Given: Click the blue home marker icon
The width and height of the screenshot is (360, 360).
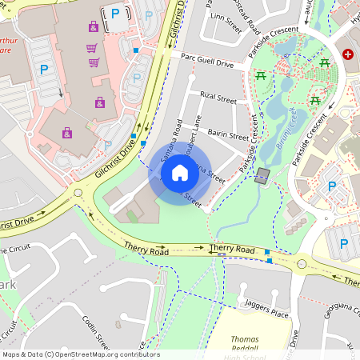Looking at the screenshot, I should [180, 173].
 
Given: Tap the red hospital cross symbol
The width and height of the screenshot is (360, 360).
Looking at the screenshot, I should [348, 54].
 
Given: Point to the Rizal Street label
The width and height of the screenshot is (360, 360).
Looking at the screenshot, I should [218, 99].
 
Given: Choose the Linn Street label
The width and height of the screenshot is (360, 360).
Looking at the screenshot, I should [225, 17].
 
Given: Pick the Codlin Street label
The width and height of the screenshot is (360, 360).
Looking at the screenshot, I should [95, 330].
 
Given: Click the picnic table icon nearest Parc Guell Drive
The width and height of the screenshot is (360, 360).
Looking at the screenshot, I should [262, 75].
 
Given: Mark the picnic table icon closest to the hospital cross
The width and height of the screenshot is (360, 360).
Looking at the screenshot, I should [325, 62].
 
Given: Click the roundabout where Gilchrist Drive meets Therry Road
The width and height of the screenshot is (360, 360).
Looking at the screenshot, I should [78, 192].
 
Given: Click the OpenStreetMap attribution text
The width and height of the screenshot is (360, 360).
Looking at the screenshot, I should [80, 354].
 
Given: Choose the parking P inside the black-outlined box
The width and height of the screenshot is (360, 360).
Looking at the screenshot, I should [116, 14].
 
